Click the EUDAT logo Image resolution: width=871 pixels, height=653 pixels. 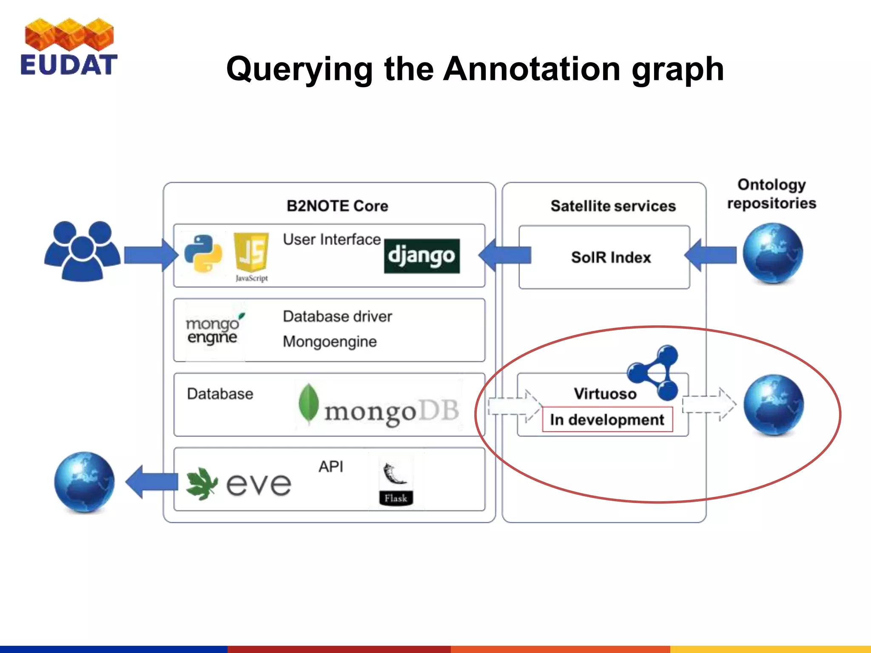pos(69,47)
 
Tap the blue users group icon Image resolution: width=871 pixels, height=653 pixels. pos(82,251)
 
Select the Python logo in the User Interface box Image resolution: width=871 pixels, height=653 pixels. pos(203,254)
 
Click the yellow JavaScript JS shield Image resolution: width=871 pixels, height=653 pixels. pos(251,252)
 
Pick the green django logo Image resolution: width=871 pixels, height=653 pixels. pos(421,256)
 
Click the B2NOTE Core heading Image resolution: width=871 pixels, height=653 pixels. pos(337,206)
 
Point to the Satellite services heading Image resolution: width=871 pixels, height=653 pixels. pos(613,206)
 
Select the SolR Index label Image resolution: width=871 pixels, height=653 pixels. pos(611,257)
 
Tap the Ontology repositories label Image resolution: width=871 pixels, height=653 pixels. pos(771,194)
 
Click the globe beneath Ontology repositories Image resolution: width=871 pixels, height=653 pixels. pos(773,253)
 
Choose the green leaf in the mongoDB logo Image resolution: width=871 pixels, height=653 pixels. pos(308,403)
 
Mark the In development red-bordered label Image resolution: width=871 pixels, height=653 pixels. pos(607,420)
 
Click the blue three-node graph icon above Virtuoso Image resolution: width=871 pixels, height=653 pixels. pos(655,372)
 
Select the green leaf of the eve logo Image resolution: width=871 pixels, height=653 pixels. pos(202,484)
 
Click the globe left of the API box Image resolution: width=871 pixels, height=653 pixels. pos(85,482)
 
